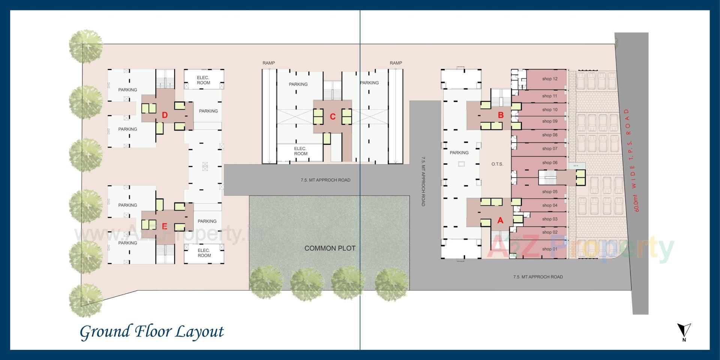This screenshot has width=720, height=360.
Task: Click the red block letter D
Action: tap(165, 115)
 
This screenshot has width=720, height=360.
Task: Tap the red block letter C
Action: tap(333, 117)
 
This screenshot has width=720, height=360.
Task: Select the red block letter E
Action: tap(164, 226)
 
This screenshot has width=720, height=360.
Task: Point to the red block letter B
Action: tap(500, 115)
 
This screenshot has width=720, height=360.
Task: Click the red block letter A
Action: tap(500, 220)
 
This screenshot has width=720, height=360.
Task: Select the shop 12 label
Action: tap(550, 79)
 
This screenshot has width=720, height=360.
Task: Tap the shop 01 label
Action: tap(550, 249)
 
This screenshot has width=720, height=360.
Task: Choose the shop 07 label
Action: tap(550, 148)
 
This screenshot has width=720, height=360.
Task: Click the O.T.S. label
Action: tap(497, 164)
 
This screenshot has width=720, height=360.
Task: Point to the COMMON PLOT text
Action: tap(330, 248)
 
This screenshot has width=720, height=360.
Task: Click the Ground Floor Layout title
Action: tap(152, 332)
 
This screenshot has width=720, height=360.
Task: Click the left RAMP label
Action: tap(268, 63)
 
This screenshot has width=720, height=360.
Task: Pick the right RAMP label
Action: tap(396, 63)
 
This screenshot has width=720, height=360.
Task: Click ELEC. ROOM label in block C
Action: tap(300, 151)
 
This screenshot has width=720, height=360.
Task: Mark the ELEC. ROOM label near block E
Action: tap(204, 253)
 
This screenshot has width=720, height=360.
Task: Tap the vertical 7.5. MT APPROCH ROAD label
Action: tap(423, 181)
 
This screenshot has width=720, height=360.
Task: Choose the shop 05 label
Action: tap(550, 192)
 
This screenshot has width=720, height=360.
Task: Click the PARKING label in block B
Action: tap(459, 153)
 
